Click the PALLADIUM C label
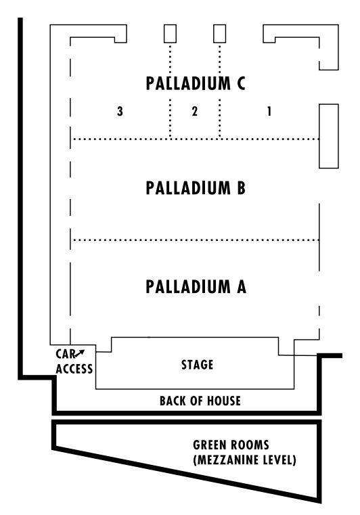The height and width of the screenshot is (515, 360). (x=195, y=84)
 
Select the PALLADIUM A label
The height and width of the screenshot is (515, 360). (x=195, y=287)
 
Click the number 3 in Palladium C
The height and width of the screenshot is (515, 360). (x=119, y=112)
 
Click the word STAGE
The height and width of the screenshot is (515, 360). (x=198, y=365)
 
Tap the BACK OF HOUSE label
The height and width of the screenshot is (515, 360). (x=200, y=401)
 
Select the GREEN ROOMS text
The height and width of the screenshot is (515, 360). (x=231, y=446)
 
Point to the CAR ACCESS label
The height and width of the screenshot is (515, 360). (x=74, y=361)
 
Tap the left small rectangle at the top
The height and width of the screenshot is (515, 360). (x=170, y=34)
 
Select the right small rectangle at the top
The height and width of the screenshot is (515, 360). (x=219, y=34)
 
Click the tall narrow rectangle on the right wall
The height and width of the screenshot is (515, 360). (x=328, y=135)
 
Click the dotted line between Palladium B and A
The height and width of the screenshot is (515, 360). (x=195, y=240)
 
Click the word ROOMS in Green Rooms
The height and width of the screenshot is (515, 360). (x=254, y=446)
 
